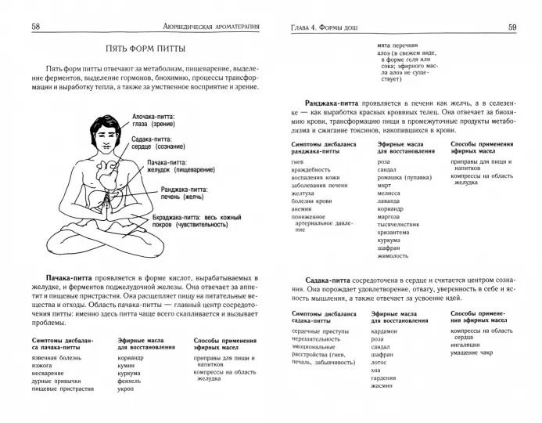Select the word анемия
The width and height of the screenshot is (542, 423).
coord(295,209)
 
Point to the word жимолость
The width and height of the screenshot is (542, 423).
coord(393,256)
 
